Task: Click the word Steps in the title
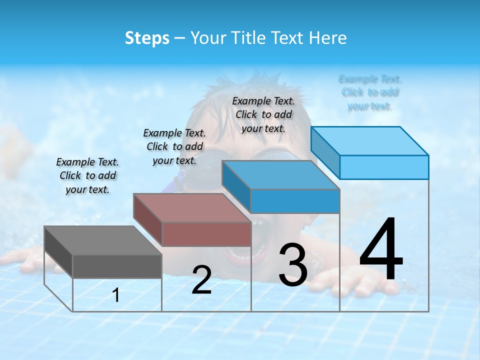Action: pyautogui.click(x=147, y=38)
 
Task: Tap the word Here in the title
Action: pyautogui.click(x=328, y=38)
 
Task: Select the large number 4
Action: pyautogui.click(x=381, y=250)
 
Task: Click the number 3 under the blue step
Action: pyautogui.click(x=293, y=265)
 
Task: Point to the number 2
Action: pyautogui.click(x=201, y=280)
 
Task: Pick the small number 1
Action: pyautogui.click(x=116, y=295)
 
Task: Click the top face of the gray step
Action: pyautogui.click(x=102, y=240)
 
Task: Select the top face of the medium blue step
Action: pyautogui.click(x=280, y=175)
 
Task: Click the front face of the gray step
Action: pyautogui.click(x=117, y=266)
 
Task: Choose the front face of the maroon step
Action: pyautogui.click(x=206, y=234)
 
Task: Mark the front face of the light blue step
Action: pyautogui.click(x=384, y=167)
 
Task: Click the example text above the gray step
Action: pyautogui.click(x=87, y=175)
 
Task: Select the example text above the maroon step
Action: pyautogui.click(x=174, y=146)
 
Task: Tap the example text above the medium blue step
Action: pyautogui.click(x=263, y=114)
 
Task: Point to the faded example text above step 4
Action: pyautogui.click(x=370, y=92)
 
